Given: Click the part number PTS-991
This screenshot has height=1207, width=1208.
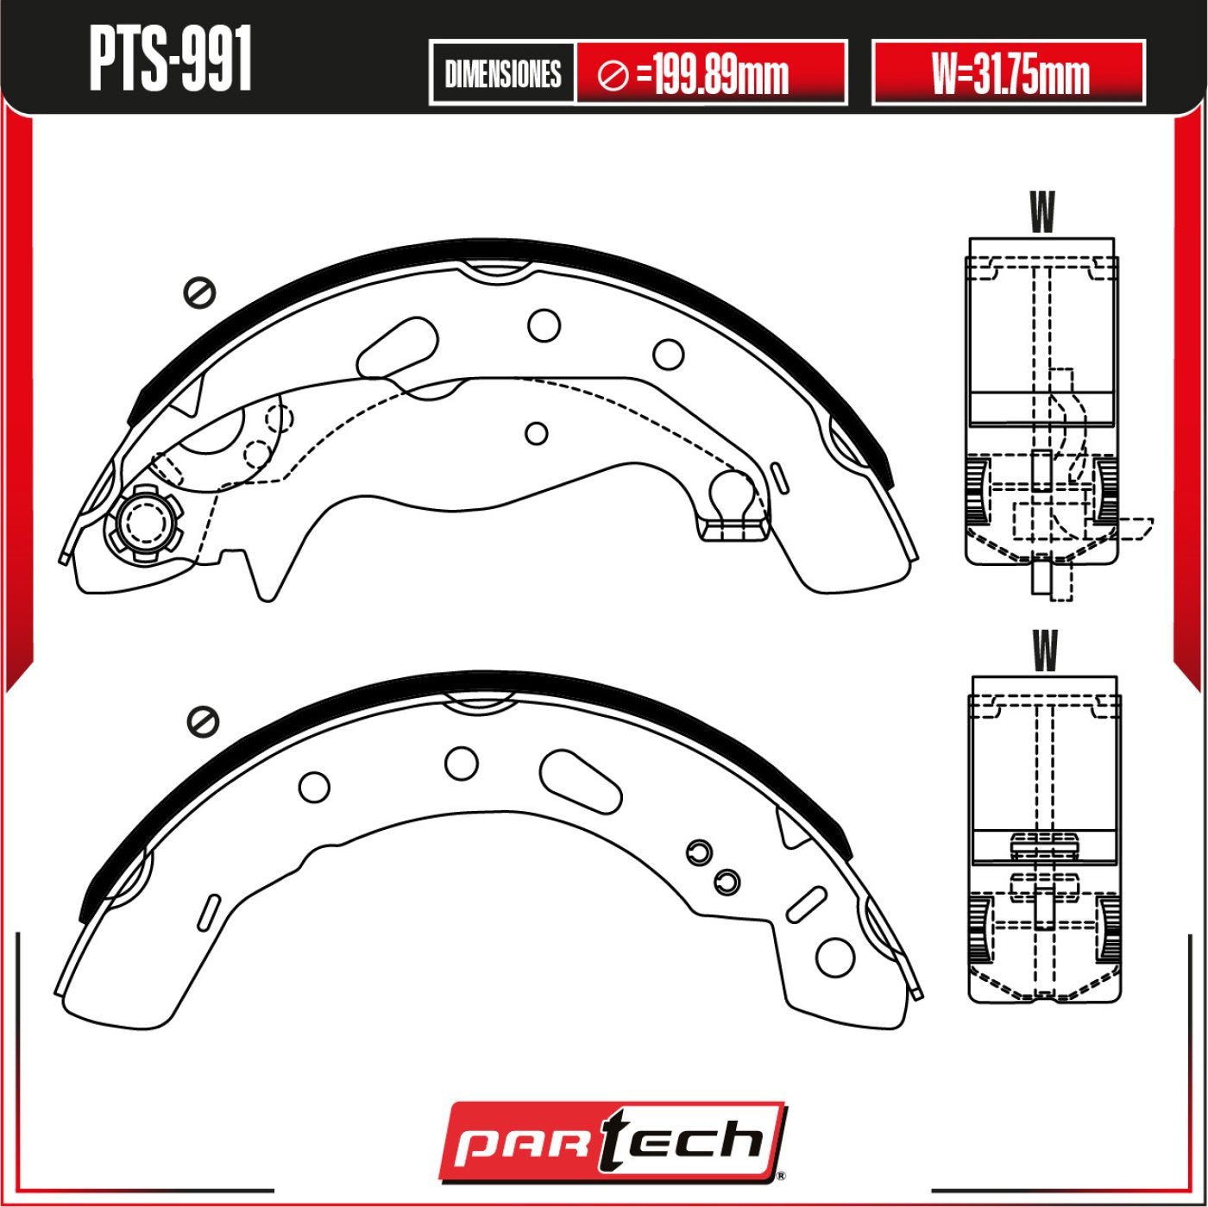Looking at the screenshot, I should tap(170, 59).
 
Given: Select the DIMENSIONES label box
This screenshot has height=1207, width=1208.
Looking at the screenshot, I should tap(502, 73).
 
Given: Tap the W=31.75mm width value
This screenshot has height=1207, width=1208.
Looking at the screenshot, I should tap(1009, 73).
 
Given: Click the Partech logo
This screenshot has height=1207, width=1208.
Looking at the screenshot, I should tap(612, 1141).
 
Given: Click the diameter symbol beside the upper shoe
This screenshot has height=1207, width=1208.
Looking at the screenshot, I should tap(199, 293).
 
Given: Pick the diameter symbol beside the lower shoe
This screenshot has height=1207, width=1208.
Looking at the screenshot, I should tap(204, 721).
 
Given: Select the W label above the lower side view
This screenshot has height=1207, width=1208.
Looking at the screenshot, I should tap(1044, 651).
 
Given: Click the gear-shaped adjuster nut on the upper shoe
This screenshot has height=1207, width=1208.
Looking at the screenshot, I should tap(143, 523).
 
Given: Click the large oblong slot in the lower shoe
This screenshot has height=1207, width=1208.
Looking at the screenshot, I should tap(581, 781).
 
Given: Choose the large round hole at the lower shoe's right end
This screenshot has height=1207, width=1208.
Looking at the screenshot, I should tap(834, 956).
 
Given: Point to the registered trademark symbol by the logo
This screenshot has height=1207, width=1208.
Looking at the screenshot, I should tap(781, 1175).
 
